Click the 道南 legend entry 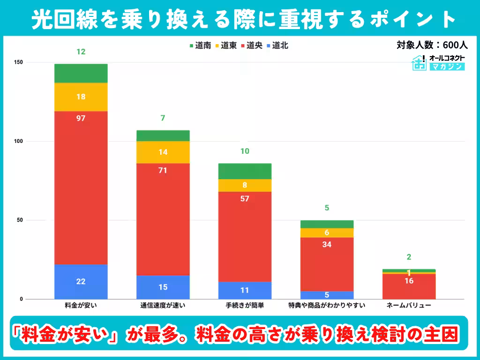[200, 45]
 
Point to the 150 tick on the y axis [19, 62]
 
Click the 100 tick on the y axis [19, 141]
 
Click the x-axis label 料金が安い [81, 306]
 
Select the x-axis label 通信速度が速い [163, 306]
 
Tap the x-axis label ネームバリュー [409, 306]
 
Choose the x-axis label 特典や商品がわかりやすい [327, 306]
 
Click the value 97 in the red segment [81, 118]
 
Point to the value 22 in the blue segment [81, 281]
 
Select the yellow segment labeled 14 [163, 152]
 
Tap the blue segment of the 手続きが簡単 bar [245, 290]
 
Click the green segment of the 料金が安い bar [81, 73]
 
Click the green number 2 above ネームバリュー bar [409, 257]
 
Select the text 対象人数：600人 [432, 45]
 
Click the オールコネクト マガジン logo [439, 62]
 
